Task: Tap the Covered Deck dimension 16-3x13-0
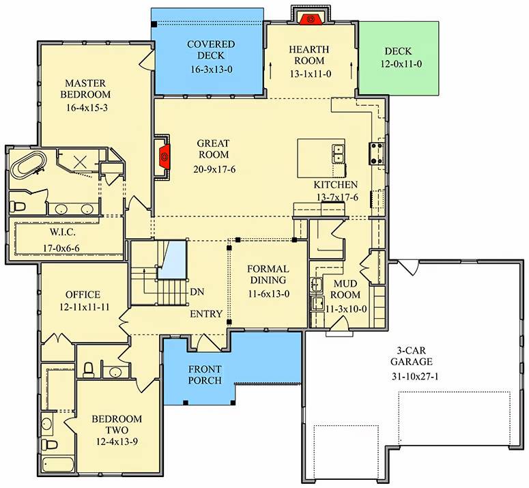pyautogui.click(x=211, y=69)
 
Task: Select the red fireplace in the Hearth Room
pyautogui.click(x=310, y=18)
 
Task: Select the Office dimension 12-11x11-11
pyautogui.click(x=83, y=307)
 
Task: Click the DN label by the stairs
pyautogui.click(x=197, y=291)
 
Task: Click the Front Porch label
pyautogui.click(x=205, y=375)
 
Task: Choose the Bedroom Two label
pyautogui.click(x=117, y=425)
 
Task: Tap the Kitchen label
pyautogui.click(x=335, y=185)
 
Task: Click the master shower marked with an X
pyautogui.click(x=79, y=162)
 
